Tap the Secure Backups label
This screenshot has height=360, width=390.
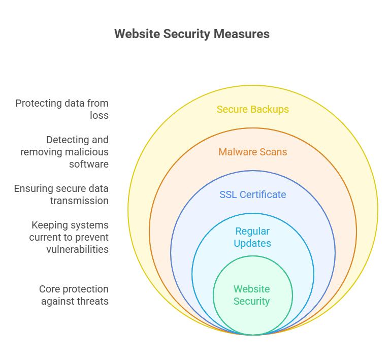253,109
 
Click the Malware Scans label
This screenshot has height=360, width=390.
253,152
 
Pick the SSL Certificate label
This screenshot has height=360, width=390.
253,194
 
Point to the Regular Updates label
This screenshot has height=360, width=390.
252,237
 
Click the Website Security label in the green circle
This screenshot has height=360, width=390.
252,295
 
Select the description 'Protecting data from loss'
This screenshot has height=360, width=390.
62,109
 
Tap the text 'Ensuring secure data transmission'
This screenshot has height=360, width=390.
61,194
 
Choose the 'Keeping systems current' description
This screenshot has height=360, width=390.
70,237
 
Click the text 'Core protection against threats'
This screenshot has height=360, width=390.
74,295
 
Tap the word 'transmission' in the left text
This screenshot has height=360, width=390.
79,201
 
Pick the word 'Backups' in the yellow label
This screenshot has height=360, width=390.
271,109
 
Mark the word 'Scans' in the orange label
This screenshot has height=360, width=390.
274,152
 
